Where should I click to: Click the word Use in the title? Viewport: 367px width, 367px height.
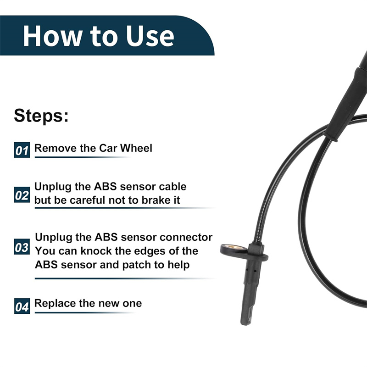[x=150, y=36]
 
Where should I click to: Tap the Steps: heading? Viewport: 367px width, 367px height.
[x=41, y=116]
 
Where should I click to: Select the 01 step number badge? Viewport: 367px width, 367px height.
[x=22, y=150]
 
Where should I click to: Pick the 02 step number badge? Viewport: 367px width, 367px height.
[x=22, y=195]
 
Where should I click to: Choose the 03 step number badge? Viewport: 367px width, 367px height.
[x=22, y=247]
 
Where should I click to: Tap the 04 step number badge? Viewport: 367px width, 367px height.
[x=22, y=306]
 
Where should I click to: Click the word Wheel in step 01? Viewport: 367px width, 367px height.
[x=136, y=148]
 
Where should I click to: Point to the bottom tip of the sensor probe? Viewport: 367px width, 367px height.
[x=246, y=324]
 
